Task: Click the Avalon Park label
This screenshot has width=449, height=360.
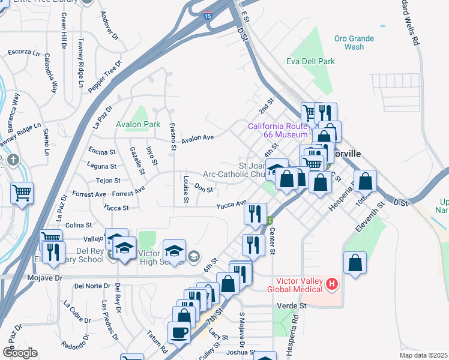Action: tap(137, 124)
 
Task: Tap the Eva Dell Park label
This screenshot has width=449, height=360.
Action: tap(310, 61)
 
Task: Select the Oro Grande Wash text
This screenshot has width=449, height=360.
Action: tap(354, 43)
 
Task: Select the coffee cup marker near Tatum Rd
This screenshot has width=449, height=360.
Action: tap(179, 332)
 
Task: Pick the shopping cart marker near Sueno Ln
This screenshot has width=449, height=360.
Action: tap(22, 193)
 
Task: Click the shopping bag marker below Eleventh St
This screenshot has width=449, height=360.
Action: tap(355, 263)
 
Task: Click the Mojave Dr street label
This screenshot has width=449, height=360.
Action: tap(45, 278)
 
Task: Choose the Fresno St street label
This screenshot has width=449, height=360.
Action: tap(172, 136)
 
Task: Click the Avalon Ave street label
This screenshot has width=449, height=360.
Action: tap(198, 137)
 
